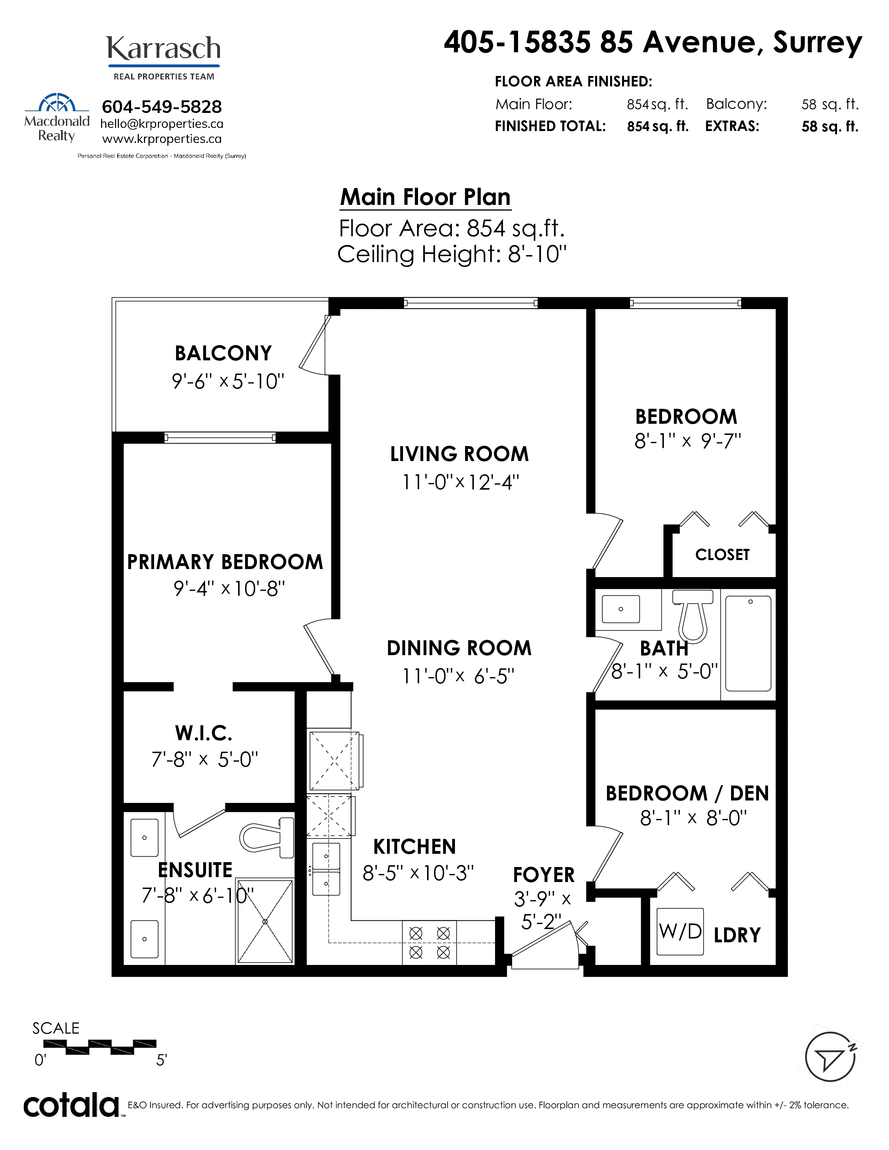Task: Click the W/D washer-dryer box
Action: coord(680,932)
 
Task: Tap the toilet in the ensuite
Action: coord(267,837)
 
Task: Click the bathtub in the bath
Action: coord(748,643)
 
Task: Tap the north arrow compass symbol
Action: coord(830,1056)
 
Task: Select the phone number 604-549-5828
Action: coord(162,107)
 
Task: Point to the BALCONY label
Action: coord(223,353)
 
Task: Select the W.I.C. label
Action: coord(204,733)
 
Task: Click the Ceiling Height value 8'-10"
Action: coord(537,254)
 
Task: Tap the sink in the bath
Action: coord(621,609)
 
